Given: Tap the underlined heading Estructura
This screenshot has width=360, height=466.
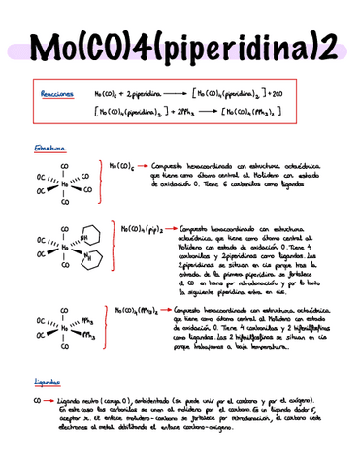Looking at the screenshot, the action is click(x=49, y=149).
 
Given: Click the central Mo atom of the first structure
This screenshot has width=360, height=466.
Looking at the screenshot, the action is click(x=65, y=183).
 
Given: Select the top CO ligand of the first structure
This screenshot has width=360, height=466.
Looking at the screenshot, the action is click(x=65, y=163).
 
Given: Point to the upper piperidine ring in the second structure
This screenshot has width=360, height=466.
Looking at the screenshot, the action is click(x=90, y=234).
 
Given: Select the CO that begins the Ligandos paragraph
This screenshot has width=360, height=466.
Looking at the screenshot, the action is click(x=37, y=400).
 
